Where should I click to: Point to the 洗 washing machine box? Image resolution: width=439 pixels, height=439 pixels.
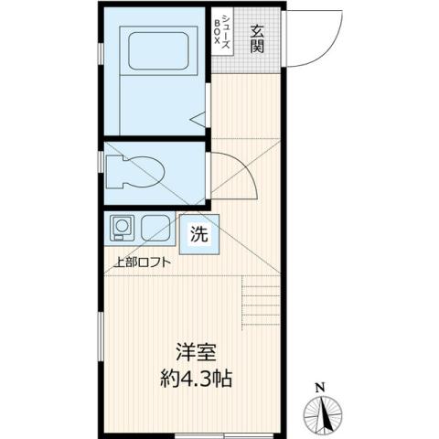[x=198, y=234]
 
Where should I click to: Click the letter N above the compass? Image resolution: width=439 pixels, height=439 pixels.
[x=319, y=387]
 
